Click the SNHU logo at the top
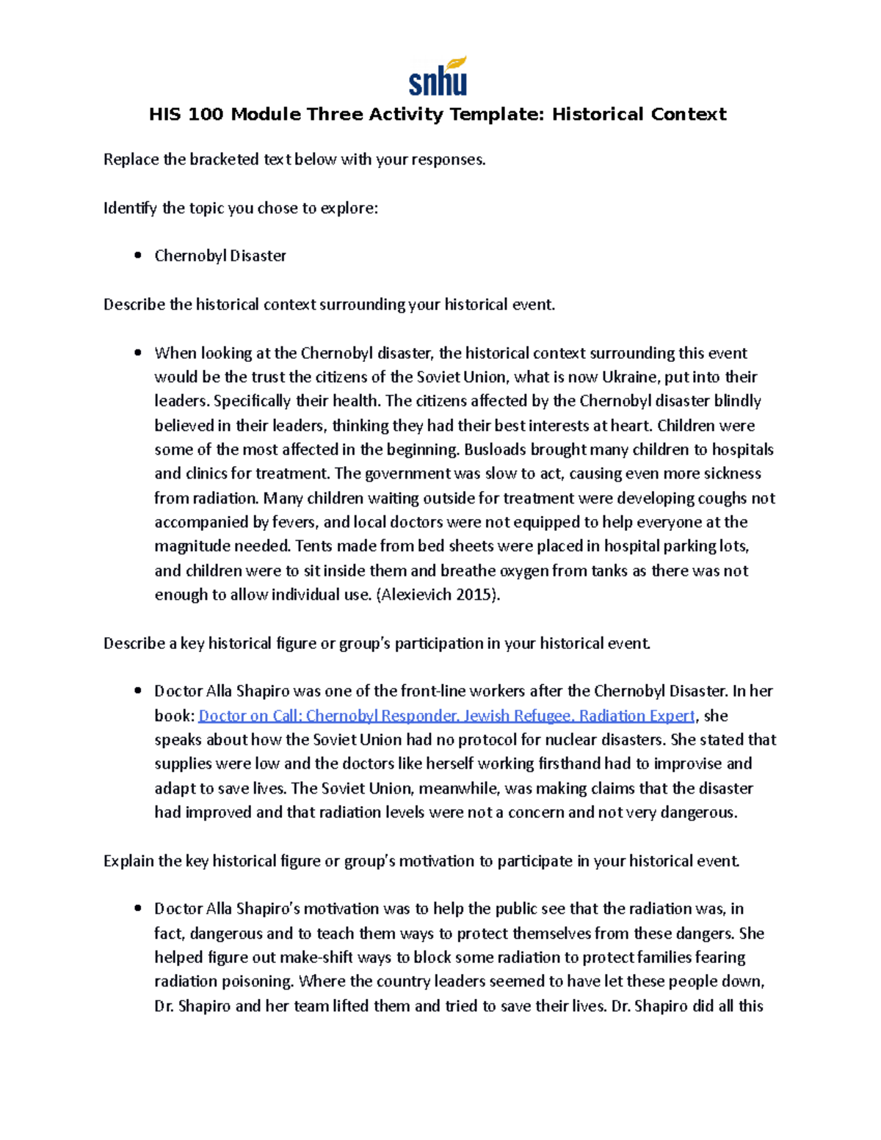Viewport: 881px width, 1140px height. pyautogui.click(x=438, y=77)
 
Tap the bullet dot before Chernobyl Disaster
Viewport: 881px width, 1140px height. pyautogui.click(x=137, y=256)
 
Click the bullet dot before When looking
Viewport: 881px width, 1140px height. pyautogui.click(x=137, y=353)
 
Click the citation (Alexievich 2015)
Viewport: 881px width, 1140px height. pyautogui.click(x=438, y=595)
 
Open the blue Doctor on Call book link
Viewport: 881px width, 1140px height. pyautogui.click(x=446, y=716)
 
